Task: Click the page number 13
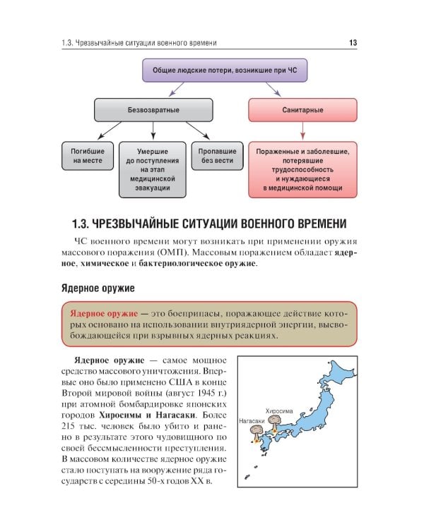[x=353, y=43]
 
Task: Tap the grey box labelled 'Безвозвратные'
[x=153, y=111]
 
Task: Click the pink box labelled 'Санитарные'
[x=302, y=111]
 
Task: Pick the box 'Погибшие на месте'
[x=88, y=156]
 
